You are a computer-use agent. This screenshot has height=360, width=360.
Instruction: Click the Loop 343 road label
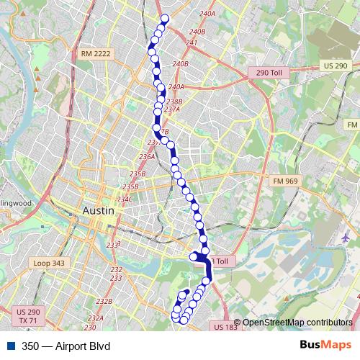tap(49, 264)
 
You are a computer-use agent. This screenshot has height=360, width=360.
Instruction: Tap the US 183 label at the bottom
tap(225, 327)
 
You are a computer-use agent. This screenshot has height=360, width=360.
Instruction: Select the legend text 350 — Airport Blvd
tap(66, 346)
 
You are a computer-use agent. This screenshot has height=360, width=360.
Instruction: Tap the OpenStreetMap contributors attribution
tap(297, 322)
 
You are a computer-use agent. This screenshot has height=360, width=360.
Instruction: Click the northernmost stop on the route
tap(165, 19)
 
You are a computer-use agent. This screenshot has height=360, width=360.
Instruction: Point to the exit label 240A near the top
tap(207, 14)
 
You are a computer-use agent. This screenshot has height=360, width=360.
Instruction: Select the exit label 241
tap(192, 43)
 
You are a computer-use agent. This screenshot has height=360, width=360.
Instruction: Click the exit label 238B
tap(174, 102)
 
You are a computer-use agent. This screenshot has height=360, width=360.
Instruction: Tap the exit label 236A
tap(147, 156)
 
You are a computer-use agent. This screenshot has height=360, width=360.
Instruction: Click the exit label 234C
tap(125, 199)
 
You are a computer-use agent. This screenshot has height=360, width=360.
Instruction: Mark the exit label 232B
tap(104, 301)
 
